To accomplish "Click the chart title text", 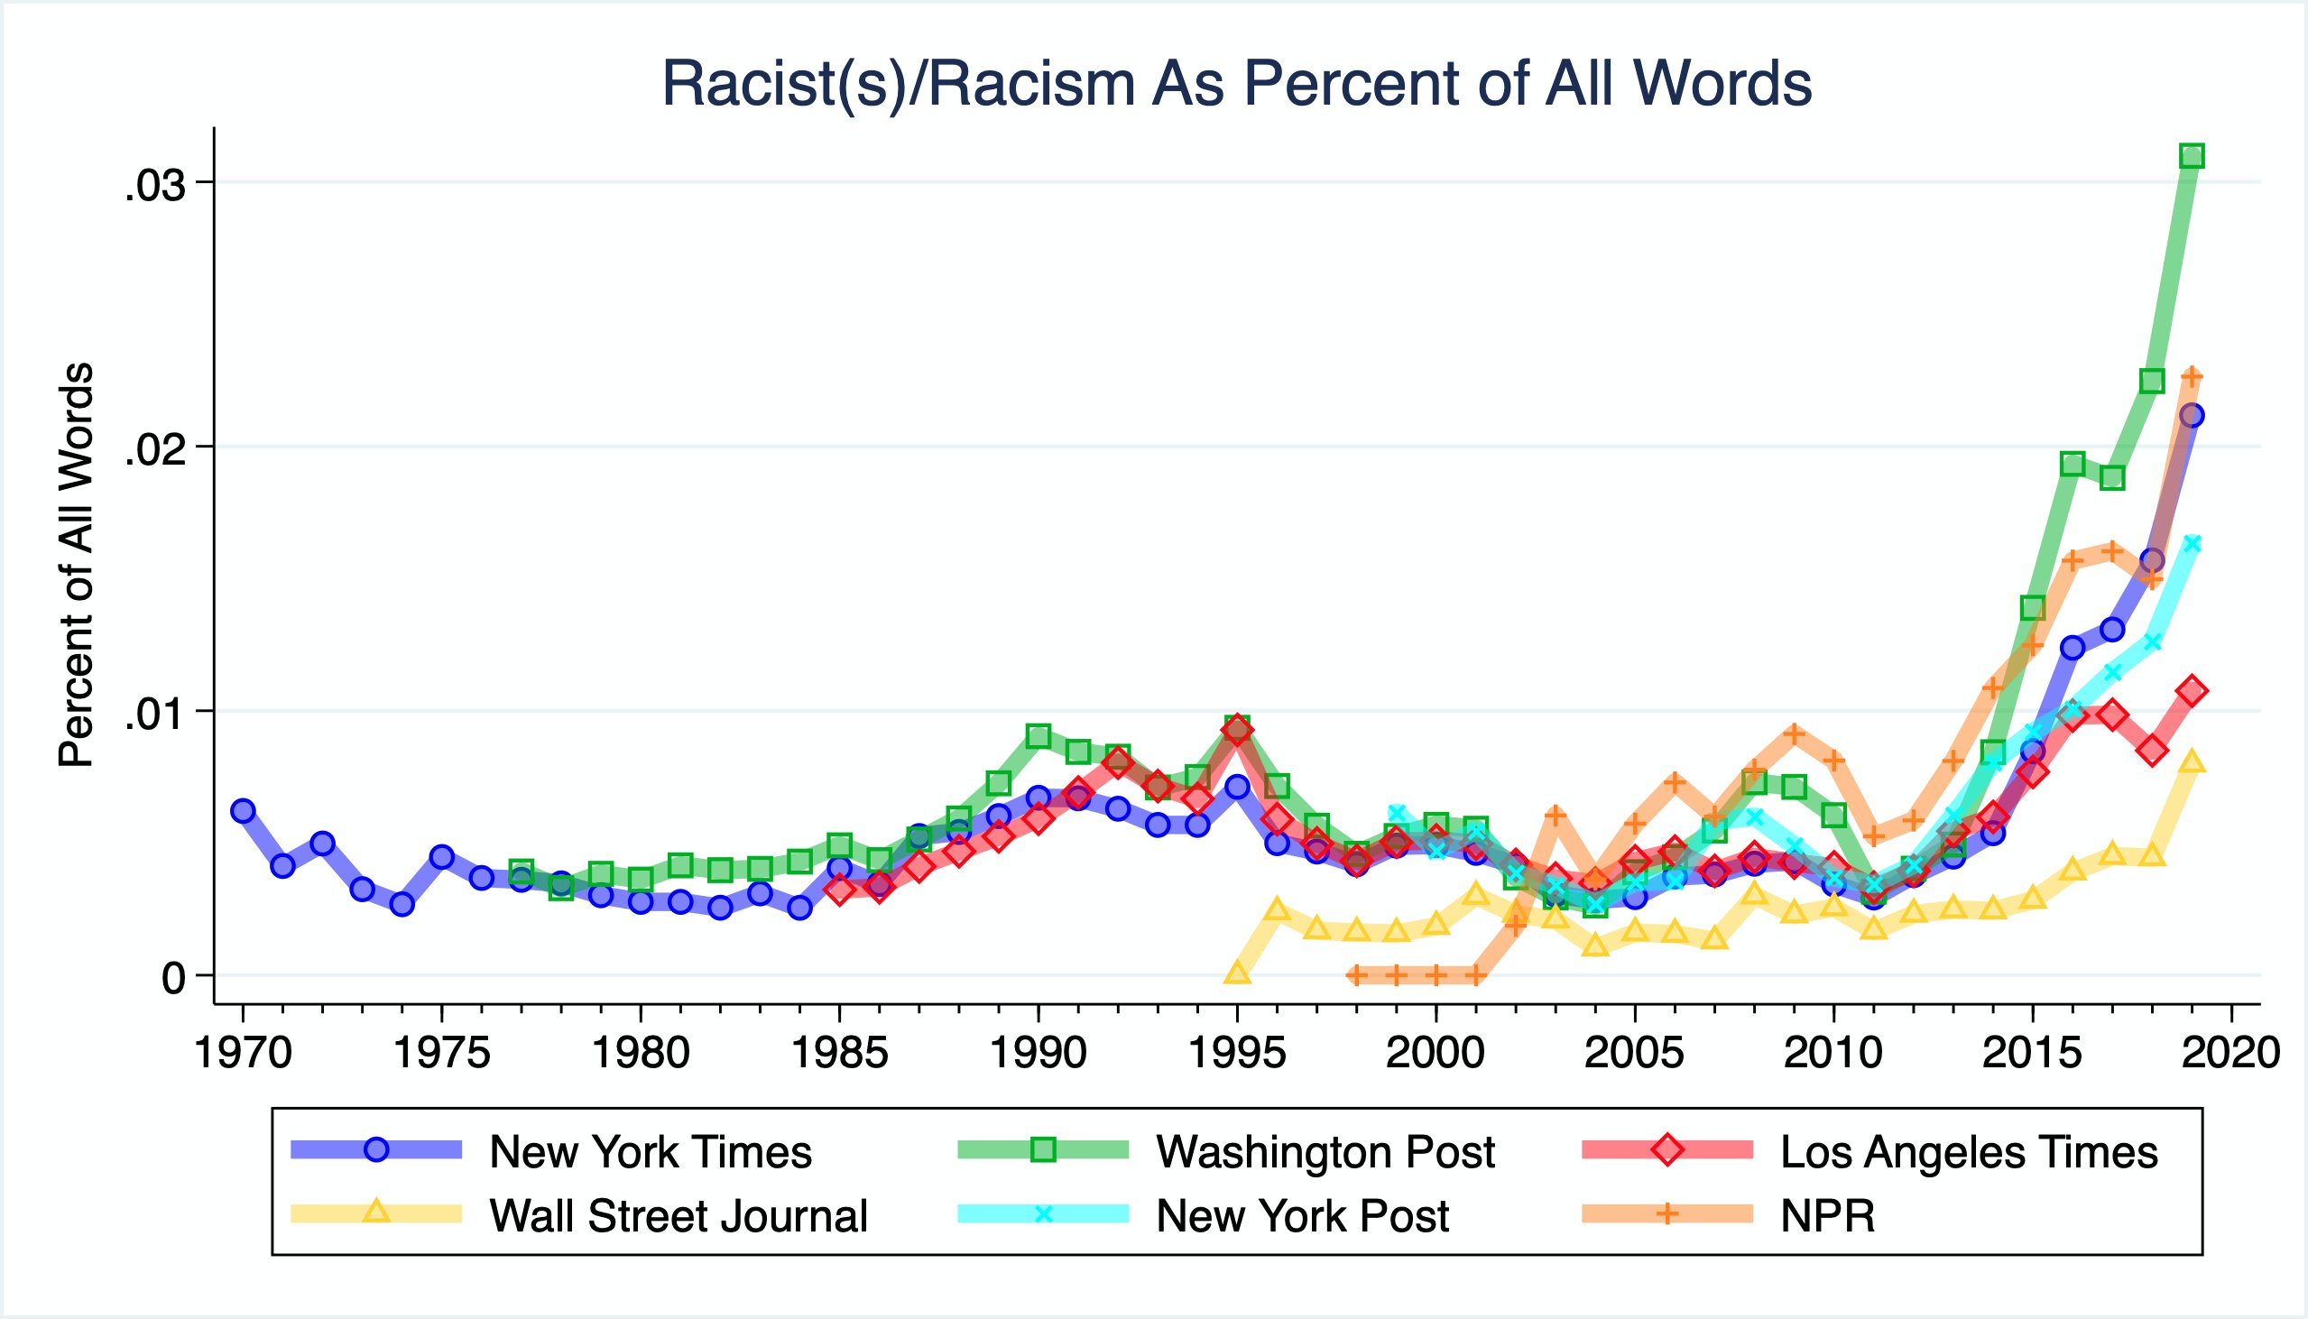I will [1236, 83].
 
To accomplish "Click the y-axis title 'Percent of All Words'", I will [75, 566].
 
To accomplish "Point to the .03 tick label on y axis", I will [155, 186].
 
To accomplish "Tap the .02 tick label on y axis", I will [155, 449].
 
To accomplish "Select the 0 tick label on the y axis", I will [173, 978].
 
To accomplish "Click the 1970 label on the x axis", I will [243, 1053].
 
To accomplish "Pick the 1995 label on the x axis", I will [1236, 1053].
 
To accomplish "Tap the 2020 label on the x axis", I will [2230, 1053].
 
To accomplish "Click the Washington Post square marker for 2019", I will [2191, 156].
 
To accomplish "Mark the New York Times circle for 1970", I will [243, 811].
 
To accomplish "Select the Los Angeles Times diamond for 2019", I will [2191, 690].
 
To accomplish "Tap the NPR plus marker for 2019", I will [2191, 376].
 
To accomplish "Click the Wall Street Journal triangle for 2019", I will [2191, 761].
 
